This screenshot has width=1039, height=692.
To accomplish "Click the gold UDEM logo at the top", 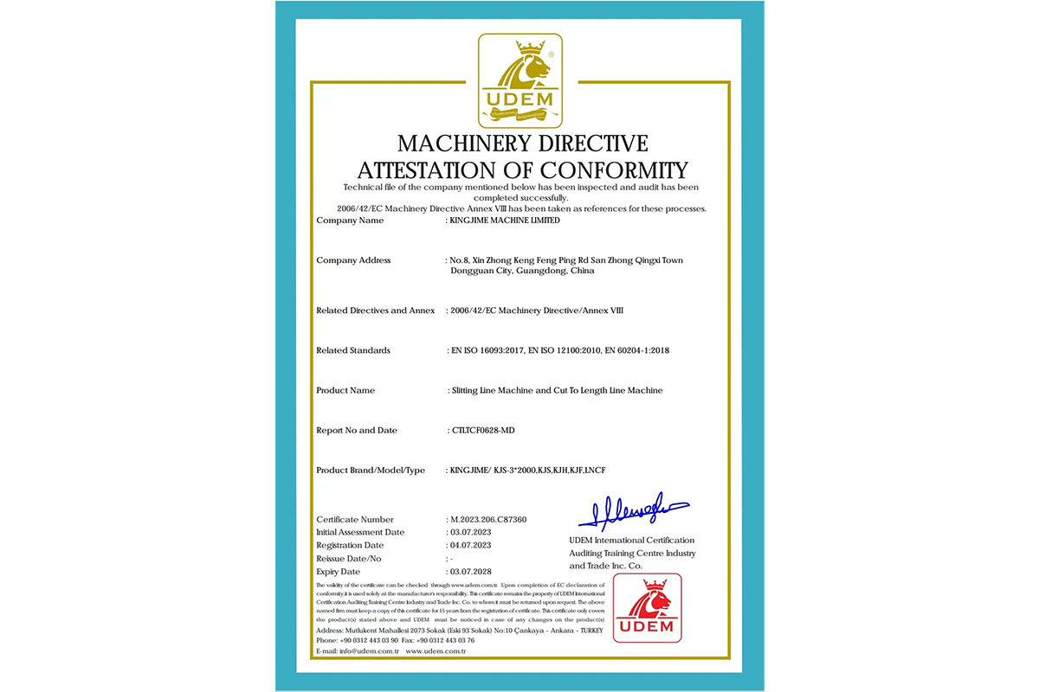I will tap(520, 80).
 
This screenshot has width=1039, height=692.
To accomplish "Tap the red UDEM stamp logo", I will tap(647, 607).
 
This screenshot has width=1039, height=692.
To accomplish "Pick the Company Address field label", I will tap(353, 260).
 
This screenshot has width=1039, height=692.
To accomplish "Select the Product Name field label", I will tap(345, 390).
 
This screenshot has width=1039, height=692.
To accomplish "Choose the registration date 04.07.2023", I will tap(470, 545).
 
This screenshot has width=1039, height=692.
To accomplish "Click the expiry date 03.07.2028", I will tap(470, 572).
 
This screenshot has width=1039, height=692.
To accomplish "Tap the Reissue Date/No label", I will tap(349, 559).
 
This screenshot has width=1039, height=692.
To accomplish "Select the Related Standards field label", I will tap(353, 350).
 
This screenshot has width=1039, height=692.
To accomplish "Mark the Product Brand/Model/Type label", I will tap(371, 470).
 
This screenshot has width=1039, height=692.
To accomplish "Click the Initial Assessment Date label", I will tap(360, 532).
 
